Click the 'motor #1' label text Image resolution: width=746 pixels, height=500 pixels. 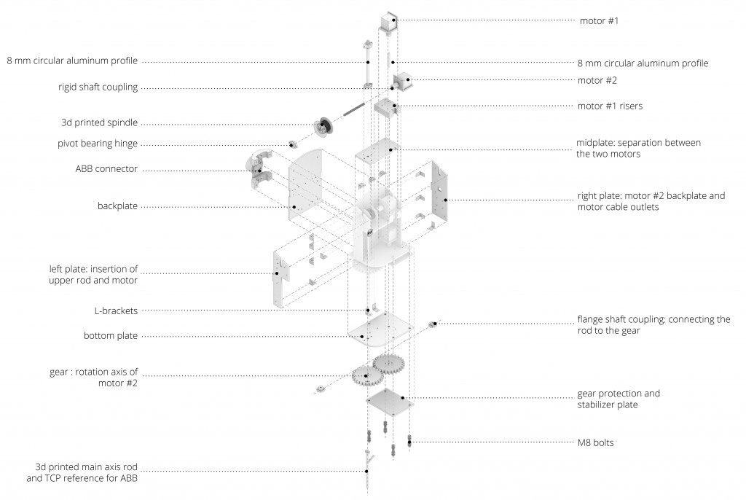599,20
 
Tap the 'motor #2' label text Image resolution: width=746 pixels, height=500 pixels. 597,80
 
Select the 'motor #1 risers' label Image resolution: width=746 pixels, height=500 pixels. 610,106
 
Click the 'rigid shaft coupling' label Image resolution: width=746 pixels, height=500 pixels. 98,87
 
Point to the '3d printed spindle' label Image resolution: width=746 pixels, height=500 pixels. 99,122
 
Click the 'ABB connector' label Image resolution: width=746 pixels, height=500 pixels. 106,169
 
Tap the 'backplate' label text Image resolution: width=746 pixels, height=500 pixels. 117,206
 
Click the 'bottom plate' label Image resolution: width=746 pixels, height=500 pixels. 111,336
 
